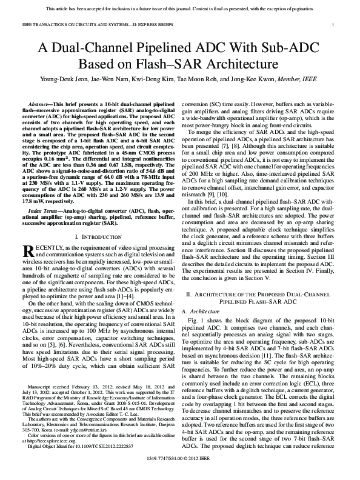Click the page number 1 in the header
tap(334, 24)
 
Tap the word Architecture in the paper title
tap(241, 62)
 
